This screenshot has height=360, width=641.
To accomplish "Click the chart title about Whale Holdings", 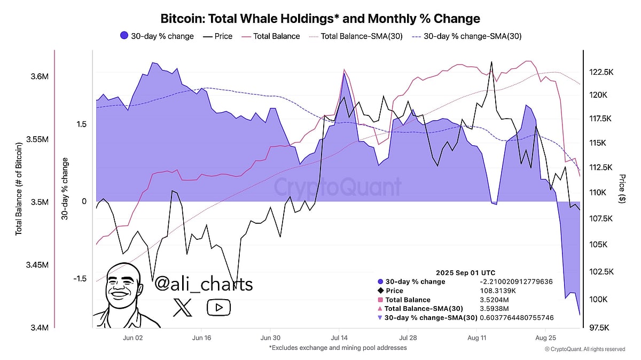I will click(x=320, y=19).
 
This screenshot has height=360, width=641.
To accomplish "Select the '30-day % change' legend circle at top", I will click(x=124, y=36).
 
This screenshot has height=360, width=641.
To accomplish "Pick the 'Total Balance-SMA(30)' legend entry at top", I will click(x=361, y=36).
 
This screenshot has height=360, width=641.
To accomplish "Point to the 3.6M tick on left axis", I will click(x=40, y=76).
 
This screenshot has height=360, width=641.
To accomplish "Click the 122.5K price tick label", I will click(x=604, y=72).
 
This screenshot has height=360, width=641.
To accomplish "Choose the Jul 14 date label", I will click(x=339, y=338).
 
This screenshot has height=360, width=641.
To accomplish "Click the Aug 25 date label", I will click(x=545, y=338).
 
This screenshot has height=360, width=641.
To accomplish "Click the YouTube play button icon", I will click(x=218, y=307).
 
